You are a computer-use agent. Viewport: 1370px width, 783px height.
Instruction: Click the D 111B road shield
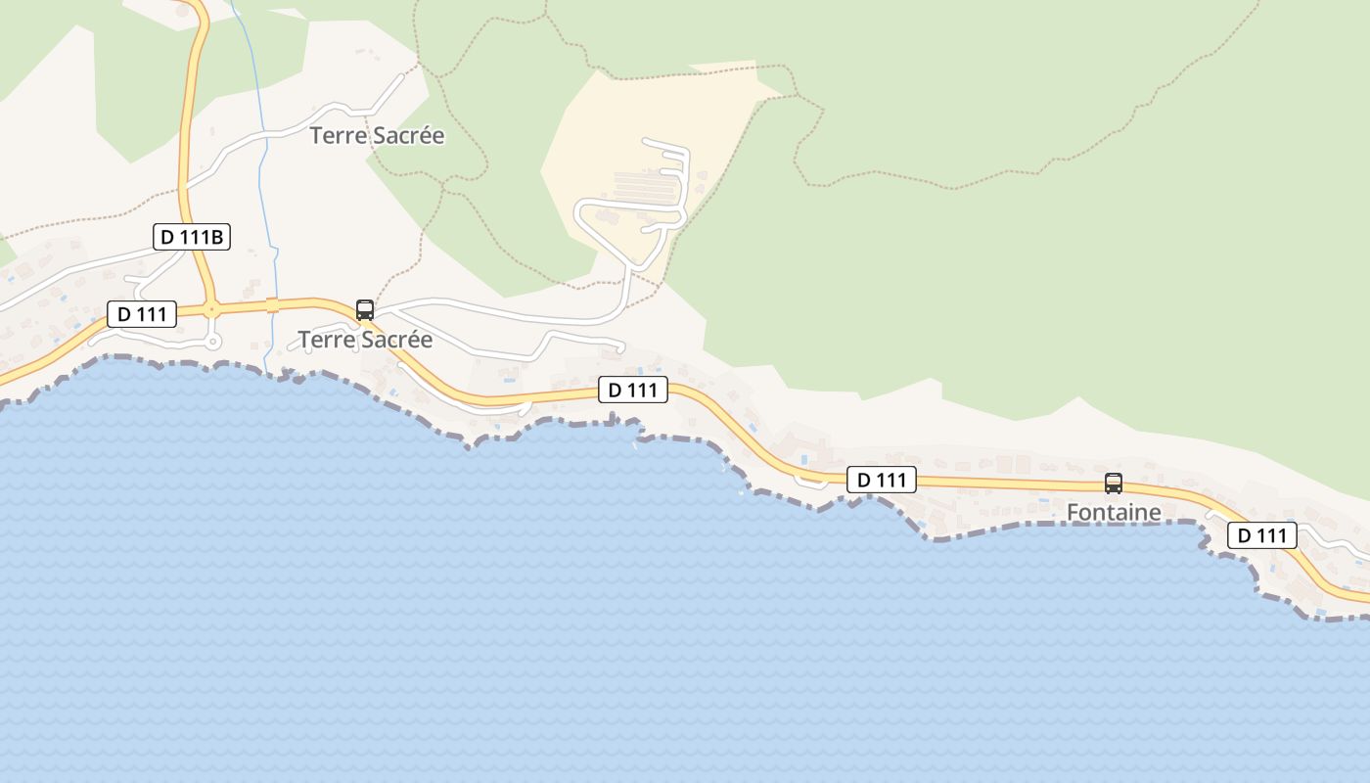(x=192, y=237)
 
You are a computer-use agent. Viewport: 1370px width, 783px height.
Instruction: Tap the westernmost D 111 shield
(x=142, y=314)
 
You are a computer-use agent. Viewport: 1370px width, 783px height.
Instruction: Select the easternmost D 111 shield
(x=1262, y=535)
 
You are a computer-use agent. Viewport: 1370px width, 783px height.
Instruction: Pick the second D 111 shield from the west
(x=633, y=390)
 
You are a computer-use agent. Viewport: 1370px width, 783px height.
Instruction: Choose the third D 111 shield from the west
(x=881, y=480)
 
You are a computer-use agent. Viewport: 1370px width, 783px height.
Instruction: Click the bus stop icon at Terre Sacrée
(x=365, y=310)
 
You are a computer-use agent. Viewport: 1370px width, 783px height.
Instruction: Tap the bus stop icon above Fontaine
(x=1114, y=483)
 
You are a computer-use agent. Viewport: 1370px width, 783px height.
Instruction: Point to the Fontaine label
(x=1114, y=512)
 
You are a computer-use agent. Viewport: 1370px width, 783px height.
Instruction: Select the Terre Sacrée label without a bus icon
(x=377, y=136)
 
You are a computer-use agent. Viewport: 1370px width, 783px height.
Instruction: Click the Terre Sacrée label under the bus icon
(x=365, y=340)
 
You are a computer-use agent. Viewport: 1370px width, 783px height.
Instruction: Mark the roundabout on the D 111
(x=210, y=309)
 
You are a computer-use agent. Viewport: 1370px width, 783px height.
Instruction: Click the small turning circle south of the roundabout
(x=213, y=341)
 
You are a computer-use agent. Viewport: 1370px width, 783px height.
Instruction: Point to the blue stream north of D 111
(x=262, y=147)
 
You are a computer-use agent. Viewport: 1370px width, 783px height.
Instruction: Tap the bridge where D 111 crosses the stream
(x=273, y=304)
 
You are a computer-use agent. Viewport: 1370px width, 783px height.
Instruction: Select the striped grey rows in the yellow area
(x=646, y=182)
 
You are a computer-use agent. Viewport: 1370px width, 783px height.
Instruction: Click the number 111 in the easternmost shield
(x=1270, y=535)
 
